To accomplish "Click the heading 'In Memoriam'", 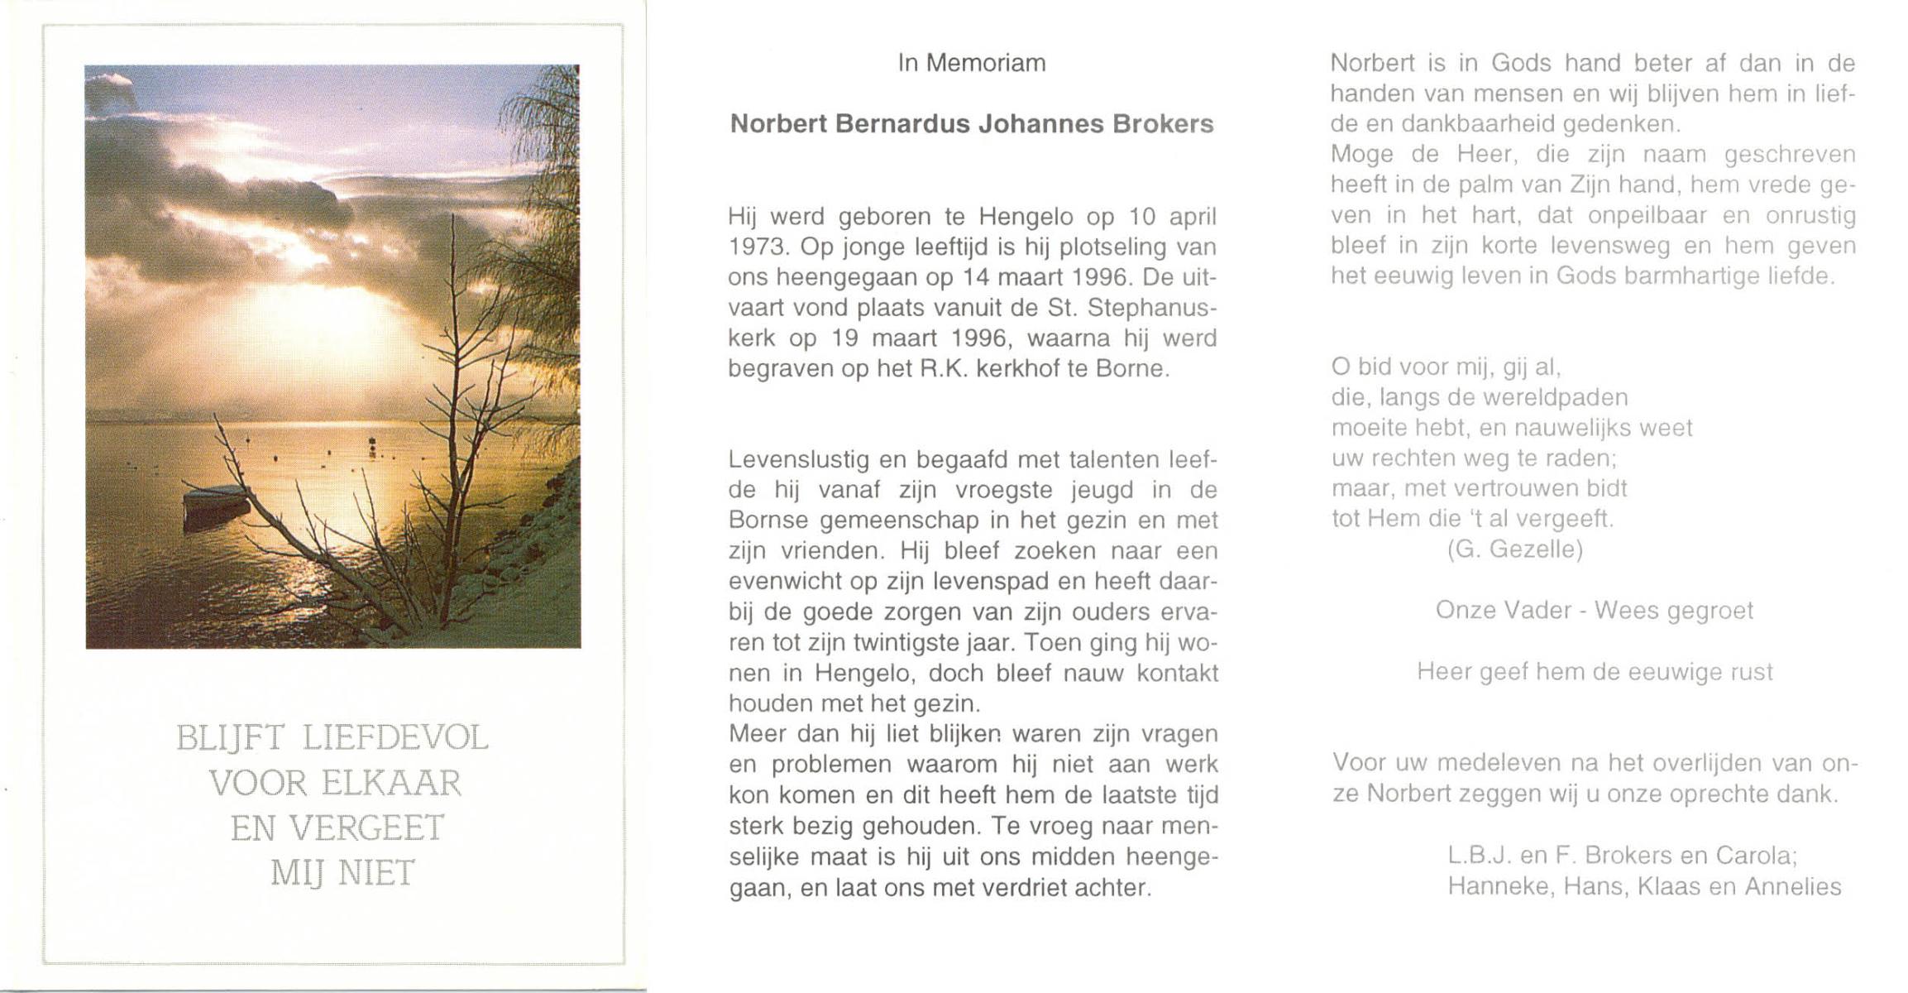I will coord(972,64).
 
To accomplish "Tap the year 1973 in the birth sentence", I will coord(756,247).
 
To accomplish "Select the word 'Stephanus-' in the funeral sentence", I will coord(1153,308).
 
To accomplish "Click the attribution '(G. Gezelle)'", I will coord(1515,549).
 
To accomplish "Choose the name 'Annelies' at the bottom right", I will coord(1793,887).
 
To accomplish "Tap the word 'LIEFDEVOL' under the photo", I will coord(395,738).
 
